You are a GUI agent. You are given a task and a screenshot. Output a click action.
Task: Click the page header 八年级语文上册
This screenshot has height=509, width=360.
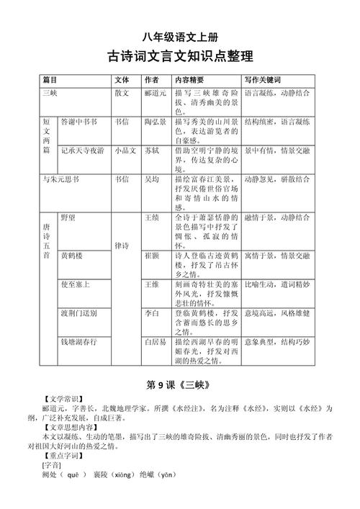(x=180, y=37)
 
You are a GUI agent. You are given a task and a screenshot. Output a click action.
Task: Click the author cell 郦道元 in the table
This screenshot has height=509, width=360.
(x=156, y=93)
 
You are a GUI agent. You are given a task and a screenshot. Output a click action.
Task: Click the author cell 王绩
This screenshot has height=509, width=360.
(x=152, y=217)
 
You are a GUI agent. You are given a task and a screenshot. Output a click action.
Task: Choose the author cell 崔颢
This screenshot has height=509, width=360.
(x=152, y=255)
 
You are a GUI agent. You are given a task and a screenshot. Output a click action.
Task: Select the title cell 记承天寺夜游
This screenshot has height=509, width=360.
(x=82, y=150)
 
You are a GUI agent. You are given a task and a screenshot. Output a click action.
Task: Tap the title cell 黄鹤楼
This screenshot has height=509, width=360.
(x=72, y=255)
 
